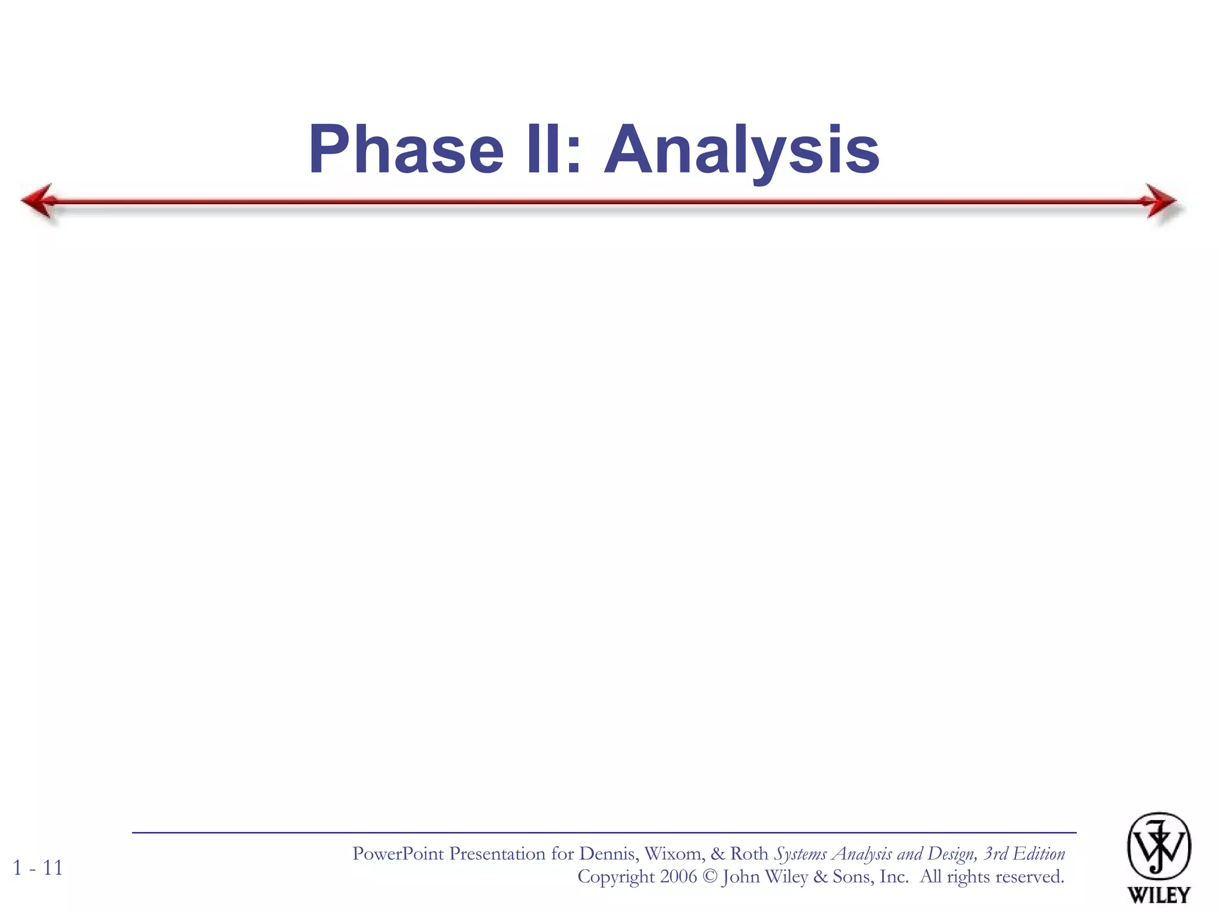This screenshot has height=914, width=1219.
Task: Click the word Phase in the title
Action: pos(406,150)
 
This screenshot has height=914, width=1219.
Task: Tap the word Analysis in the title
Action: pos(742,150)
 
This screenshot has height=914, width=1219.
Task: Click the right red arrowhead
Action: pos(1161,201)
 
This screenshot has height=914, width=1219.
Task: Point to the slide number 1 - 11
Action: pos(37,868)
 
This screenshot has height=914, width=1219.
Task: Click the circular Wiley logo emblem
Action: pos(1158,846)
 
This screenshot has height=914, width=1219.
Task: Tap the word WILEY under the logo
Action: pos(1158,894)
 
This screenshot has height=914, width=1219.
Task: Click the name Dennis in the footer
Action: pos(609,854)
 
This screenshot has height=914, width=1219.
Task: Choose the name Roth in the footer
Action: pos(749,854)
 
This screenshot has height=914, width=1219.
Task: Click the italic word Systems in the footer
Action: pos(800,854)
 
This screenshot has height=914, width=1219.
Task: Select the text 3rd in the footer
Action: pos(995,854)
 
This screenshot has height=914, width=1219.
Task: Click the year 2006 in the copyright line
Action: pos(678,877)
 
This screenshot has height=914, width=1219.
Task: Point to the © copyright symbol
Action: pos(709,877)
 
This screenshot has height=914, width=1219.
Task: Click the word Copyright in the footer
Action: pos(615,877)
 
